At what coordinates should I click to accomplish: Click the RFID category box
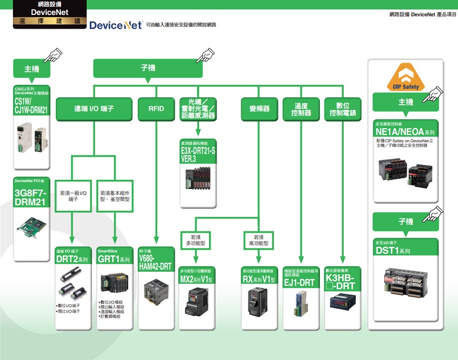pos(156,109)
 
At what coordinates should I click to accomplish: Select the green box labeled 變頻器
pos(259,109)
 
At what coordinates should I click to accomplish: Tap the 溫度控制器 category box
pos(301,109)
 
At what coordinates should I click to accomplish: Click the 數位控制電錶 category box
pos(343,109)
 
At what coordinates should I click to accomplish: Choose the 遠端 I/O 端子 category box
pos(94,109)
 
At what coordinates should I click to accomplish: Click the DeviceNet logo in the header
pos(116,25)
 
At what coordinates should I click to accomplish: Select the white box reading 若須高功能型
pos(258,240)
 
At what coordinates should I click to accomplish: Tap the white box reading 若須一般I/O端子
pos(73,195)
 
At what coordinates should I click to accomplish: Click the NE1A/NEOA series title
pos(405,132)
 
